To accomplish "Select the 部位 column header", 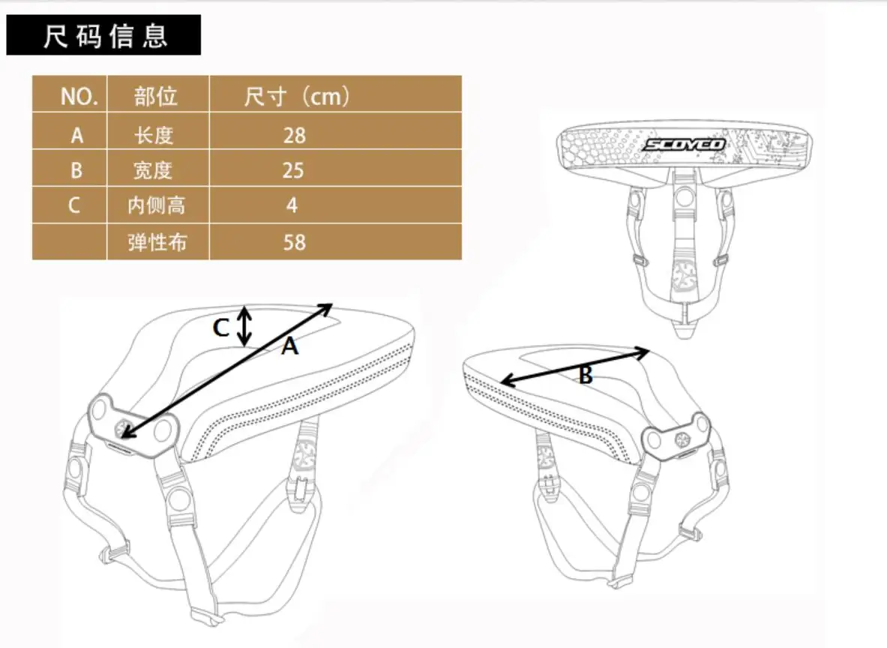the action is [x=155, y=96].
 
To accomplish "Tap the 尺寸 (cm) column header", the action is [x=297, y=96].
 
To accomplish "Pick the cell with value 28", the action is [x=294, y=136].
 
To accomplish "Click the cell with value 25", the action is [x=293, y=170].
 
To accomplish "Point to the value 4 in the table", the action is [x=292, y=205].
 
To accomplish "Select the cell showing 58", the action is [x=294, y=242].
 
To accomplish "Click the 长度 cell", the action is [x=154, y=136].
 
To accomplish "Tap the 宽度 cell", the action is [x=153, y=170].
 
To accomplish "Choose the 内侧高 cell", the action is [x=157, y=205].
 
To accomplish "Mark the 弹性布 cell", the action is [x=157, y=242].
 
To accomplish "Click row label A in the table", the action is [x=77, y=136].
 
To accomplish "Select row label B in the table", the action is [x=76, y=170].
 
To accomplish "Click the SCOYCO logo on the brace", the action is [x=684, y=145].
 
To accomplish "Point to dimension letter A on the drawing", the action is [x=289, y=346].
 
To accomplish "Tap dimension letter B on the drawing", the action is [x=586, y=375].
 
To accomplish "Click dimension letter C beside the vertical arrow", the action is [x=220, y=328].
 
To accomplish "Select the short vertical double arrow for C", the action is [x=244, y=326].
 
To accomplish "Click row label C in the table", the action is [x=74, y=205].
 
